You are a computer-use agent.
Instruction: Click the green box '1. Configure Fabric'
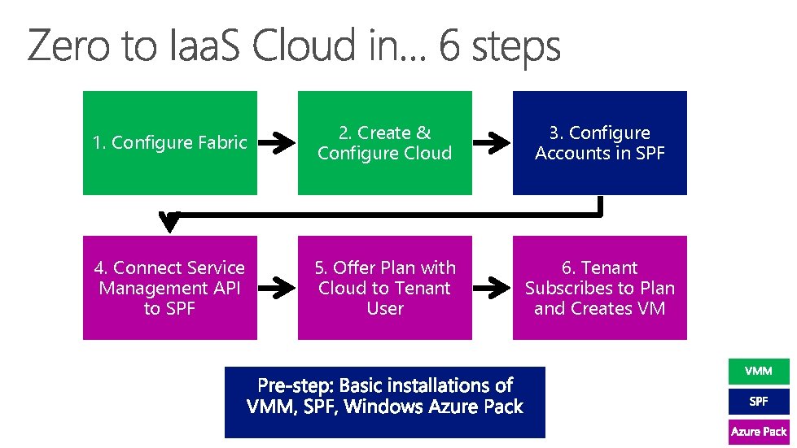[169, 143]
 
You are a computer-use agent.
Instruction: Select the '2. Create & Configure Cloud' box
[384, 143]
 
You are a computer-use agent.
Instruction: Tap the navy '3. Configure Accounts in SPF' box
[599, 143]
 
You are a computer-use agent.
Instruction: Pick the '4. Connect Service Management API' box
[169, 288]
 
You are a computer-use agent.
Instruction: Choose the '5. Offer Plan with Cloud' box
[384, 288]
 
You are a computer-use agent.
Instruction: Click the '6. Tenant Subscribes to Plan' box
[599, 288]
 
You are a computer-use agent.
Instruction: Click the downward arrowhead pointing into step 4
[169, 220]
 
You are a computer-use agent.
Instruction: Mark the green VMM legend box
[758, 372]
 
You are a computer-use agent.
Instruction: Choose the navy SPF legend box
[758, 402]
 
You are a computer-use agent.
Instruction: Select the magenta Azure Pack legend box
[758, 432]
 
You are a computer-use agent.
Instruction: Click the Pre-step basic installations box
[384, 396]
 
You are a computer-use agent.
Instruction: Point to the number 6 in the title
[449, 46]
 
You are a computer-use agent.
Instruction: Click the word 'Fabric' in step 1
[223, 143]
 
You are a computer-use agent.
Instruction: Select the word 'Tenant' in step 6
[610, 267]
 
